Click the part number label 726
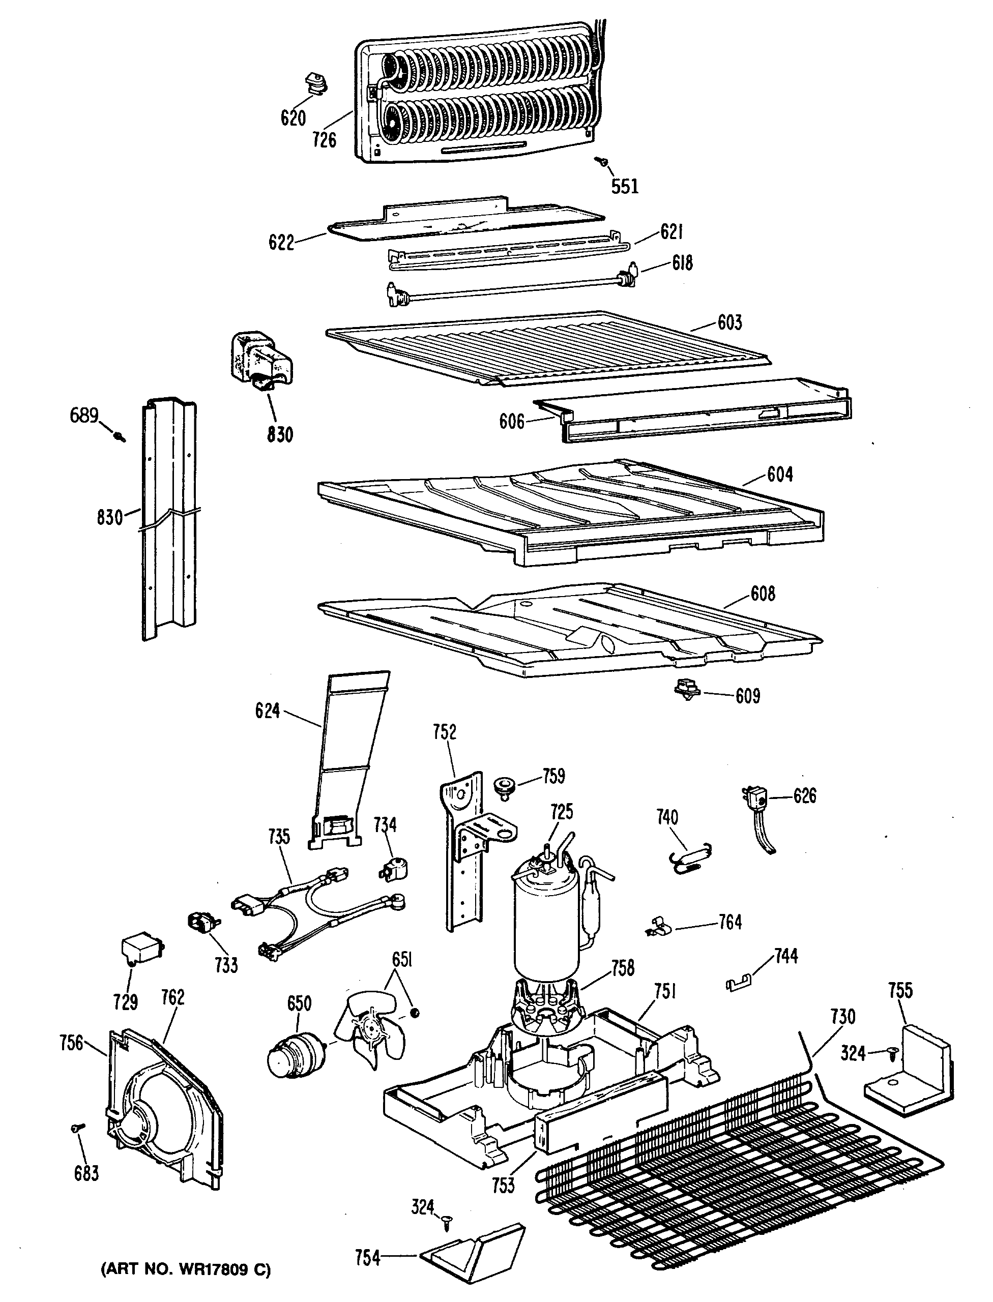325,140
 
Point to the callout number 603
729,322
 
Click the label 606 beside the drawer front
511,422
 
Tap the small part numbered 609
686,689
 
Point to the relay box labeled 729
141,951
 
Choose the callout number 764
730,922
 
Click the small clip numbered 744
739,983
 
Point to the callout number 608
763,594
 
